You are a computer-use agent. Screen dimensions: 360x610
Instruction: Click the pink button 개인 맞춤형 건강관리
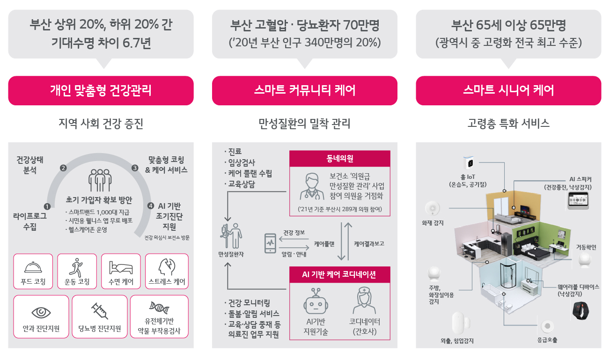click(101, 90)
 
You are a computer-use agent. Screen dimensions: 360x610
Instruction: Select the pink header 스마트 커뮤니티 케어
click(304, 90)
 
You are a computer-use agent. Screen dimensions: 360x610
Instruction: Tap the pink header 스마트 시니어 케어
click(508, 90)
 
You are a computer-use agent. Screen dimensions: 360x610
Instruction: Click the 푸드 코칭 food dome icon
click(33, 267)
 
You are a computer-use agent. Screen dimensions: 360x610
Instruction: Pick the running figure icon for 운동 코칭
click(77, 267)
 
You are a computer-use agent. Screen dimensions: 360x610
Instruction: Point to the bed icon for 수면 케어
click(121, 267)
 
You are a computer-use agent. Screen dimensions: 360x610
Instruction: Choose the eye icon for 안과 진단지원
click(41, 312)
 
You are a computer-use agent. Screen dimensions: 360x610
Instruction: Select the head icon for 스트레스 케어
click(166, 267)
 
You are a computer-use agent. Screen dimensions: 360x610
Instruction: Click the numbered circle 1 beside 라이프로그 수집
click(46, 206)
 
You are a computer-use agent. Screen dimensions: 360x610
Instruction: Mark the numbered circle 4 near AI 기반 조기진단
click(150, 206)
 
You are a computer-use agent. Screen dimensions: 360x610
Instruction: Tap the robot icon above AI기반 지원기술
click(316, 301)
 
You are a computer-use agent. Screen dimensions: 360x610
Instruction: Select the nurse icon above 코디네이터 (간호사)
click(364, 301)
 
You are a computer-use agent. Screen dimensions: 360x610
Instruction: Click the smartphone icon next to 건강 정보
click(270, 243)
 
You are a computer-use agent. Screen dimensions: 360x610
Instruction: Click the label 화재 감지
click(433, 223)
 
